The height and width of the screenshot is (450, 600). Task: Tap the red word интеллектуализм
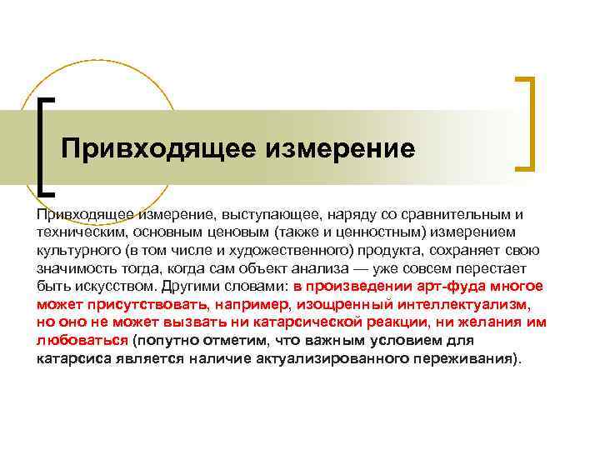[x=441, y=307]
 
